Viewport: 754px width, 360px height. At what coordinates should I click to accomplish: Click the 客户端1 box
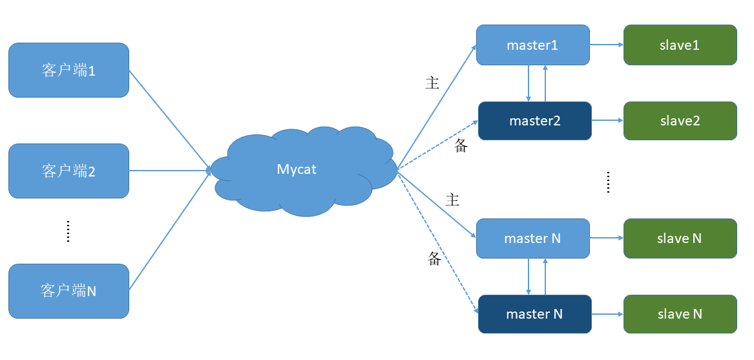coord(68,70)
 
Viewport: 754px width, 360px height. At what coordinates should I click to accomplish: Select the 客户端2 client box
coord(68,171)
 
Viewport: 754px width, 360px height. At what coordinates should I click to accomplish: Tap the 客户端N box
coord(68,291)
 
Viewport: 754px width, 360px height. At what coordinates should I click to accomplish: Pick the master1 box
coord(532,45)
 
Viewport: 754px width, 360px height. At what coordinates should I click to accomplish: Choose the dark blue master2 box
coord(534,121)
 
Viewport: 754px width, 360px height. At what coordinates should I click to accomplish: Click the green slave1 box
coord(680,45)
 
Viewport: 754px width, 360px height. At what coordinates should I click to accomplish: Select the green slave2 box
coord(680,121)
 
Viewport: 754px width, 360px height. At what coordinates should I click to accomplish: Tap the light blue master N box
coord(532,238)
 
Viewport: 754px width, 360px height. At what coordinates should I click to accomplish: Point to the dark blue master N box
coord(534,314)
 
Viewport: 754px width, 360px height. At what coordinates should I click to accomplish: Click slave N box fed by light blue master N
coord(680,238)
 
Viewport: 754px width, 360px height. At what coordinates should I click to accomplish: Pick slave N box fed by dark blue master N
coord(680,314)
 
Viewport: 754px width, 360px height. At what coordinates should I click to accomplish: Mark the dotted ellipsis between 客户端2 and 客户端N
coord(68,231)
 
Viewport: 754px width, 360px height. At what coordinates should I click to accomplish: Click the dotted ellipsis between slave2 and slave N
coord(608,182)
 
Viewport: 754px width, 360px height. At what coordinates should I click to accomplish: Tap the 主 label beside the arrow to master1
coord(432,83)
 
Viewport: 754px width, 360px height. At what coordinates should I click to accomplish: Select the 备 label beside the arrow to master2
coord(461,147)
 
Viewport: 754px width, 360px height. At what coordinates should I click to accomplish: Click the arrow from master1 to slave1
coord(606,45)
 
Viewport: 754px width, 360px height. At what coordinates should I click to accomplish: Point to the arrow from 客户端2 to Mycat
coord(169,171)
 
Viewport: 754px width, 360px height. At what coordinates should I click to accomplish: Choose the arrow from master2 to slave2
coord(607,121)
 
